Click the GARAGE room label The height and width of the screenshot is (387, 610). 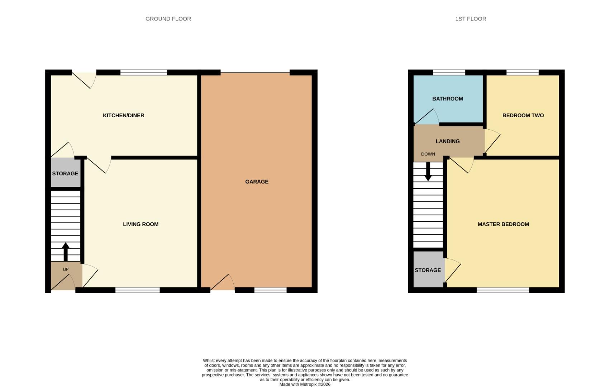[257, 182]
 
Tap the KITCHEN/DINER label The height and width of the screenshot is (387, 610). [123, 115]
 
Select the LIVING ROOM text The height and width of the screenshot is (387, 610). [140, 224]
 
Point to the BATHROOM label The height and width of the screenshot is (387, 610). [447, 99]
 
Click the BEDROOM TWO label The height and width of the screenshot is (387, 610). [523, 115]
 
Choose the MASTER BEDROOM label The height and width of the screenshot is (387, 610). [503, 224]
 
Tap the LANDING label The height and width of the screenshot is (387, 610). [447, 141]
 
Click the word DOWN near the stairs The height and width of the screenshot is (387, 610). [428, 154]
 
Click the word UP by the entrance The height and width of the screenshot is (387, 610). [66, 269]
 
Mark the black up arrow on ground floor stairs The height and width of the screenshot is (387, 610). [66, 252]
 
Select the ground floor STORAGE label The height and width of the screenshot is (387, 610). [65, 173]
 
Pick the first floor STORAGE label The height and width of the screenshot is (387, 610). [428, 270]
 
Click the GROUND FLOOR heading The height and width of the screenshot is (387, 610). [168, 19]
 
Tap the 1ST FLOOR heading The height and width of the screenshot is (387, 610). [471, 19]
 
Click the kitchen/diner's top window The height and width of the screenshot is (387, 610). [144, 72]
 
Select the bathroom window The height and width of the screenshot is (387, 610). [449, 72]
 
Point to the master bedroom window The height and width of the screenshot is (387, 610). [503, 290]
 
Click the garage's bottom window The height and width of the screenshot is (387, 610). [270, 290]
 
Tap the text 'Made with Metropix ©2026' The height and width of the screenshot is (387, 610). [305, 384]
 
